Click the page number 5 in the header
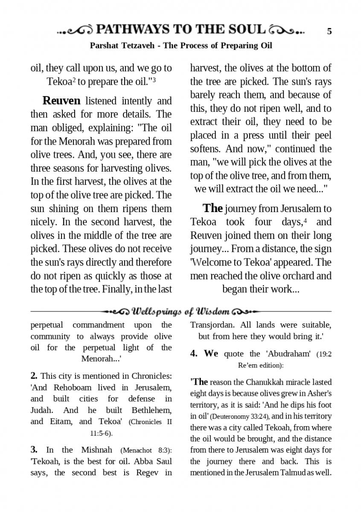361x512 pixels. point(329,31)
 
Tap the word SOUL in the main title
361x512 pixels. point(244,29)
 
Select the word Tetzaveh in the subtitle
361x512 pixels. point(136,46)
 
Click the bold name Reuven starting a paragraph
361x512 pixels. point(61,101)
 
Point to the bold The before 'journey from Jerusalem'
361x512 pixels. point(213,208)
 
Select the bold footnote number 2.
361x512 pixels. point(34,376)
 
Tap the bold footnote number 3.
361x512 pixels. point(34,450)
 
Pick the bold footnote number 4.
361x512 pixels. point(193,354)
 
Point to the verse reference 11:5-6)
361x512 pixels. point(101,433)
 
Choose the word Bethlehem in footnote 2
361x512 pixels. point(149,410)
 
